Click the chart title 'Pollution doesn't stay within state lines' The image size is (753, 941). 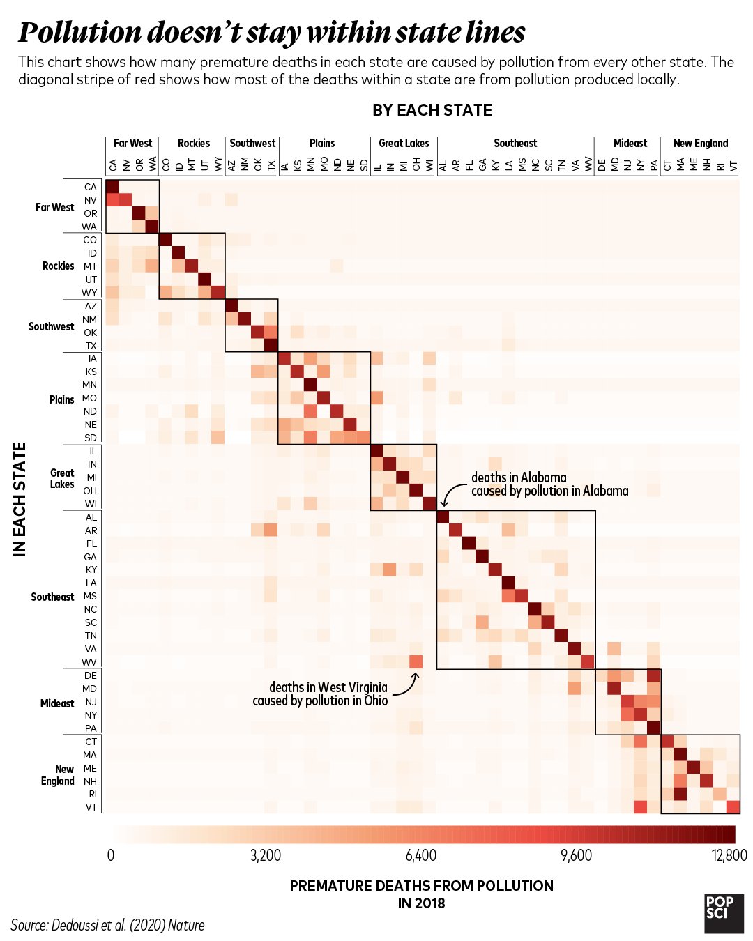click(272, 33)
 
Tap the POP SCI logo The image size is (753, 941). click(724, 913)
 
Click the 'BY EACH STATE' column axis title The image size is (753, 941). click(432, 110)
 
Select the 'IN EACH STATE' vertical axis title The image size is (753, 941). click(20, 499)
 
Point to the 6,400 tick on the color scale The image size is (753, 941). click(421, 855)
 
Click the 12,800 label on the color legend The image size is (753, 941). click(729, 855)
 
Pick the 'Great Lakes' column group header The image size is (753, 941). click(404, 143)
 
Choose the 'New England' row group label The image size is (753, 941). click(58, 774)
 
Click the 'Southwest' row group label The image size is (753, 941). click(51, 326)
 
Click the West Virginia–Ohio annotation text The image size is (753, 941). click(321, 694)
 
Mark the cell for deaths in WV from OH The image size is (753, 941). click(416, 661)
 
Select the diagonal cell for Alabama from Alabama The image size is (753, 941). click(442, 517)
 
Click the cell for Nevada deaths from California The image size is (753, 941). click(112, 200)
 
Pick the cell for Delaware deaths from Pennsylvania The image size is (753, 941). click(653, 675)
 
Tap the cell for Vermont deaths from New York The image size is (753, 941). click(640, 807)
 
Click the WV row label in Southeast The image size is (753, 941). click(90, 661)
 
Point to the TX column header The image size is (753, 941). click(271, 165)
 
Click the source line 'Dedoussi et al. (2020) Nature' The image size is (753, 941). click(108, 925)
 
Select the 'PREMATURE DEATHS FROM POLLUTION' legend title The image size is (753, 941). click(421, 886)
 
